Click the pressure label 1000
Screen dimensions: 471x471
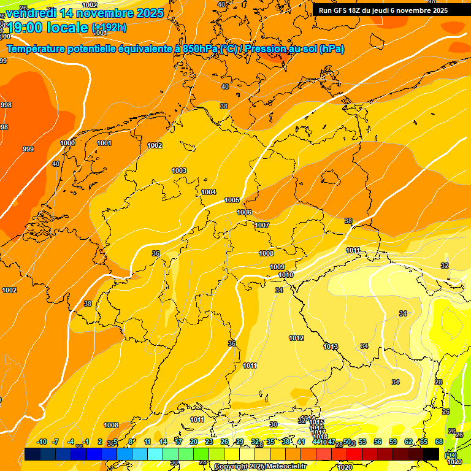tap(67, 143)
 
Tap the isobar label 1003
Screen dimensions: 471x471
tap(179, 170)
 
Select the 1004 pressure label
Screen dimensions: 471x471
tap(209, 192)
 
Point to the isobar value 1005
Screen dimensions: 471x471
tap(232, 201)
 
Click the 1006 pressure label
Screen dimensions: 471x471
tap(244, 212)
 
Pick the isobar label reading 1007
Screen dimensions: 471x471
tap(262, 225)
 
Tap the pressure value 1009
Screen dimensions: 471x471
tap(277, 267)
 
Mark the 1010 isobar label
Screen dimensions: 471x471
tap(286, 275)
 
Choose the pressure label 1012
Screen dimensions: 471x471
tap(296, 338)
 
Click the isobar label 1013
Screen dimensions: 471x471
tap(331, 347)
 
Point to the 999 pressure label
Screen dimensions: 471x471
tap(28, 149)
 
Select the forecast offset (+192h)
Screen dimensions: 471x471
tap(109, 28)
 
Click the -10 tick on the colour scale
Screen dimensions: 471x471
tap(42, 442)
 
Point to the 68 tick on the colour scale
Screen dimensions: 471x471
tap(439, 442)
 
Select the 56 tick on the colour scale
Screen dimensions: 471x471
tap(378, 442)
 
